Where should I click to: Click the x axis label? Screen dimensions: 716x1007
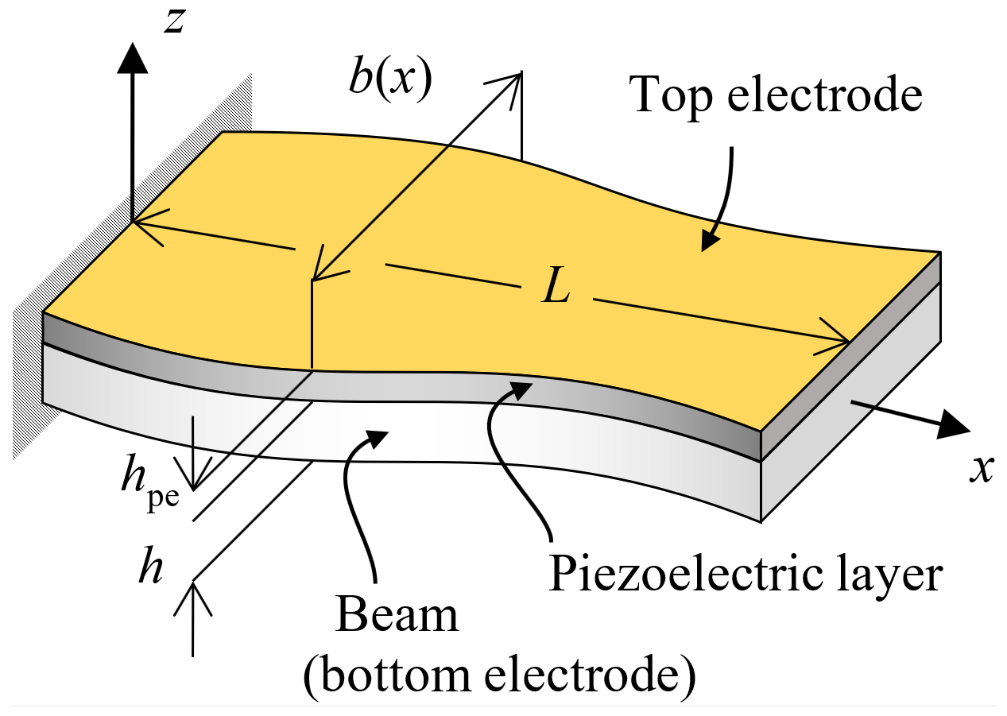[982, 470]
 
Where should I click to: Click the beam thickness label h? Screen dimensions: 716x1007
[152, 571]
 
